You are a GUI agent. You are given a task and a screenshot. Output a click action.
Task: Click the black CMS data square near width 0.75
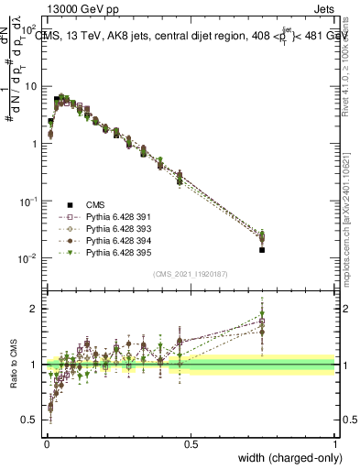click(262, 249)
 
